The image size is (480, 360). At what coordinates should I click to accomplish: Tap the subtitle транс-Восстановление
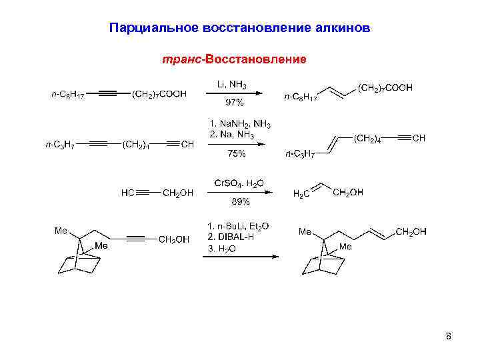pyautogui.click(x=234, y=60)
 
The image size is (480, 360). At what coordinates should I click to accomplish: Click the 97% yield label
pyautogui.click(x=235, y=103)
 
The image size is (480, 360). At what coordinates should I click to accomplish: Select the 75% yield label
pyautogui.click(x=237, y=153)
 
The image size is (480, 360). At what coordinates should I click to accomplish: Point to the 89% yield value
pyautogui.click(x=240, y=201)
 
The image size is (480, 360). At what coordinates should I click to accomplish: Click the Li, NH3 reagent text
pyautogui.click(x=232, y=85)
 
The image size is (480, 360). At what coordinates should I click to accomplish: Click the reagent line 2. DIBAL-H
pyautogui.click(x=231, y=237)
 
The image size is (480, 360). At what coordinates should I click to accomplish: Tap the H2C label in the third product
pyautogui.click(x=302, y=194)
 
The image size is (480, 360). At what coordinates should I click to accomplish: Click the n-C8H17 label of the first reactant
pyautogui.click(x=68, y=95)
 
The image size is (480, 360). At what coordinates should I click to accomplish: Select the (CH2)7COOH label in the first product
pyautogui.click(x=385, y=87)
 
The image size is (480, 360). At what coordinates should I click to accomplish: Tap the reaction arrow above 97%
pyautogui.click(x=237, y=95)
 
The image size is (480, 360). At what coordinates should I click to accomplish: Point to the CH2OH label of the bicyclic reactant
pyautogui.click(x=174, y=239)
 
